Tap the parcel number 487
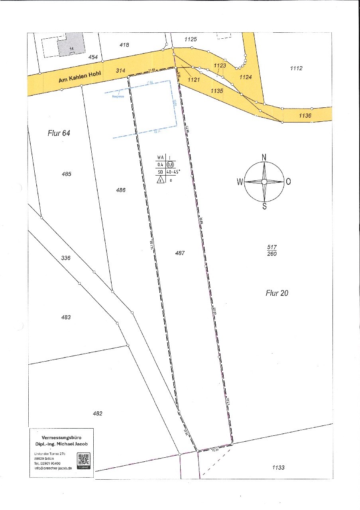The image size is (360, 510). [x=180, y=253]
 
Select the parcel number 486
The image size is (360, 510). [x=121, y=190]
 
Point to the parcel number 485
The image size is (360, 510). [x=67, y=174]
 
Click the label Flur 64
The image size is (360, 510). [x=59, y=133]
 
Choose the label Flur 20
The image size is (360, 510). [x=277, y=293]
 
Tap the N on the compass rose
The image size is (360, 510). [x=264, y=157]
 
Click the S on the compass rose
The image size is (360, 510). [x=264, y=207]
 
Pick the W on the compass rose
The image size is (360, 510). [x=240, y=182]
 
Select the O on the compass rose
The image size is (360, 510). [x=288, y=182]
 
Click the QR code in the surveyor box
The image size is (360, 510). [x=84, y=461]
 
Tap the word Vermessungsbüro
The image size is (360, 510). [x=61, y=437]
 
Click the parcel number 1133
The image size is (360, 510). [x=278, y=467]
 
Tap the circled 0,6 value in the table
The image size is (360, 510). [x=170, y=164]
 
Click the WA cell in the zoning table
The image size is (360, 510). [x=161, y=158]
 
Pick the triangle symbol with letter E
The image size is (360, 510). [x=160, y=180]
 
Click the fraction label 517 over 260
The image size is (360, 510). [x=273, y=251]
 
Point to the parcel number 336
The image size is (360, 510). [x=66, y=258]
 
